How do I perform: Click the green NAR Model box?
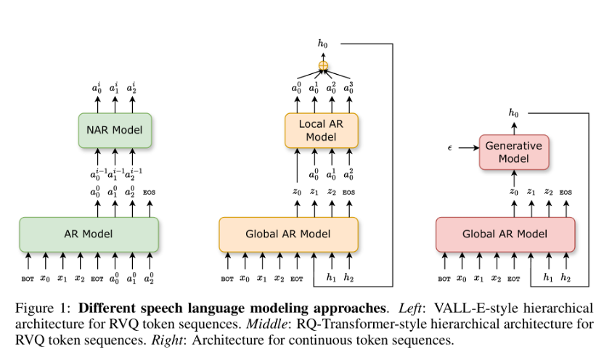[x=114, y=131]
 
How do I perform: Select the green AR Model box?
[x=89, y=234]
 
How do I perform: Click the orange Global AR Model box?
[x=288, y=234]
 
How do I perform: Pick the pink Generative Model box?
[x=514, y=152]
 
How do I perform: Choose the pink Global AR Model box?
[x=505, y=234]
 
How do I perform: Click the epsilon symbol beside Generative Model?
[x=450, y=148]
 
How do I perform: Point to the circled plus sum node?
[x=324, y=66]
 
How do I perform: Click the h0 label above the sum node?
[x=323, y=44]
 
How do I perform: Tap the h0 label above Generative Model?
[x=514, y=113]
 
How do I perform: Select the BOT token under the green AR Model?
[x=28, y=278]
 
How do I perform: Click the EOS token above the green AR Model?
[x=150, y=192]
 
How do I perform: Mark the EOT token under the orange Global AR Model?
[x=296, y=278]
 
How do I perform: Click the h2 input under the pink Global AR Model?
[x=565, y=278]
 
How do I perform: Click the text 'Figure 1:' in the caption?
[x=38, y=308]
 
